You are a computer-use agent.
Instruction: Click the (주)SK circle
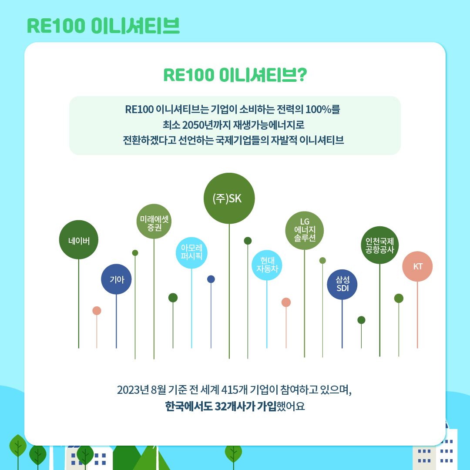[x=229, y=198]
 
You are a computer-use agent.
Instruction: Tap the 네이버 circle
[x=79, y=240]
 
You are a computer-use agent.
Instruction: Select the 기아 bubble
[x=116, y=279]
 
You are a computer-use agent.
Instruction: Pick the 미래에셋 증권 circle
[x=154, y=222]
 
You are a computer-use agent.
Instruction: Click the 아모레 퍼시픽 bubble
[x=191, y=253]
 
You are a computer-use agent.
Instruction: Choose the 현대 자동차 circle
[x=267, y=265]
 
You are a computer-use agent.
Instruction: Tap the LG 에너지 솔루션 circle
[x=305, y=231]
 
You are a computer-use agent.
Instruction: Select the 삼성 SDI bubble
[x=342, y=285]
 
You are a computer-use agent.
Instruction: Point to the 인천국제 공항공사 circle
[x=380, y=245]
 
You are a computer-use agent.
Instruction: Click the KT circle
[x=418, y=266]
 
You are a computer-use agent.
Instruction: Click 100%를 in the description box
[x=322, y=108]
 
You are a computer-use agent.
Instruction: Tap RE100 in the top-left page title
[x=56, y=26]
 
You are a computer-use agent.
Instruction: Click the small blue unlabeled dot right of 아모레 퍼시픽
[x=211, y=279]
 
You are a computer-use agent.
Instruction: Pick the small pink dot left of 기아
[x=97, y=311]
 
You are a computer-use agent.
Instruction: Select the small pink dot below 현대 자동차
[x=286, y=302]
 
